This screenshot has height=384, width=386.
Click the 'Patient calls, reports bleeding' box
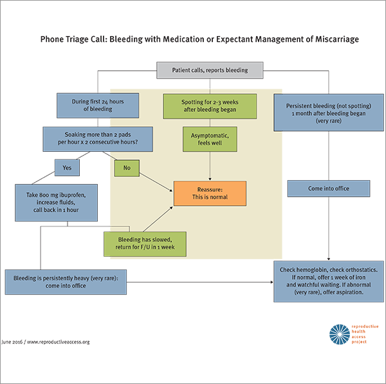pos(210,69)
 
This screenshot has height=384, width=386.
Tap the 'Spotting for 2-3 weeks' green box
pos(210,105)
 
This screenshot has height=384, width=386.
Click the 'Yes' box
pos(67,167)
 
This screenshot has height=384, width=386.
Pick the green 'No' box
pos(126,167)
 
